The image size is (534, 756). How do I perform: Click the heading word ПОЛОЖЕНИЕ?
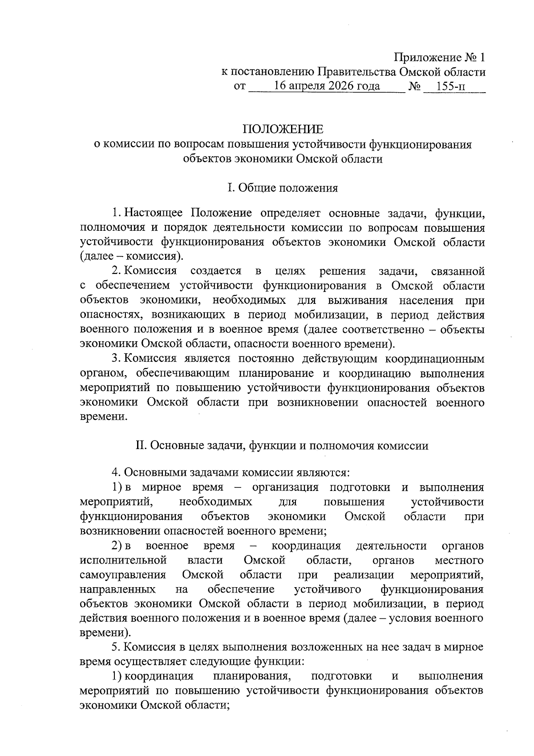283,130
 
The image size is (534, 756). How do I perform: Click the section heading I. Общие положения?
283,188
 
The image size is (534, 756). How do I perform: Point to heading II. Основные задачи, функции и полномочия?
282,445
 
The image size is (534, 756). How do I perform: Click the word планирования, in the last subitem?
252,676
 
